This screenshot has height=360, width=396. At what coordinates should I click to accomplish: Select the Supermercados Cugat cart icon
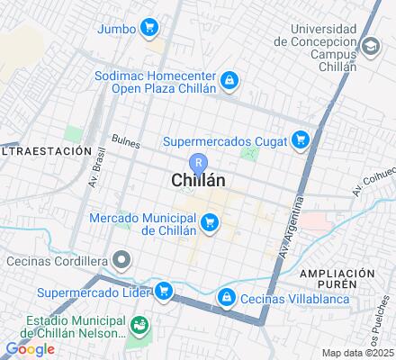301,139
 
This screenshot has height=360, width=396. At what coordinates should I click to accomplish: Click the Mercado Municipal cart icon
210,221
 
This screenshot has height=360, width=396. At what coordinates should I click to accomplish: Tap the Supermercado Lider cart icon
164,291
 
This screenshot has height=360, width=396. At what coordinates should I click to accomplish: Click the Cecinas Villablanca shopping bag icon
225,295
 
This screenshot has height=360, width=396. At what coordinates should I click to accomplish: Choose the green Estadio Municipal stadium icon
139,324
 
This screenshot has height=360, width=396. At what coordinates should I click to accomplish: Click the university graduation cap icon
369,46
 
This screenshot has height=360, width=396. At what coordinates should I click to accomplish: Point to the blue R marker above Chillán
199,162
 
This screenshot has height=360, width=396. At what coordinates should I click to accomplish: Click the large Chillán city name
198,181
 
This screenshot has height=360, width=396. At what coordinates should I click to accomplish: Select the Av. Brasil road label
92,166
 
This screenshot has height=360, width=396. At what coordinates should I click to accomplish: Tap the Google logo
30,349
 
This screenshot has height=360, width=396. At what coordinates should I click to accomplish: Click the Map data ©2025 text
358,353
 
